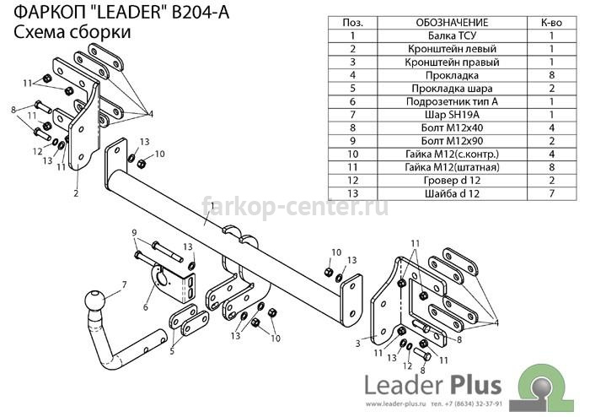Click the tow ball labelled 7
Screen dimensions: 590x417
(94, 301)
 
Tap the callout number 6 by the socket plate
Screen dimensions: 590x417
(146, 307)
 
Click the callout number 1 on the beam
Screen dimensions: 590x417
(212, 207)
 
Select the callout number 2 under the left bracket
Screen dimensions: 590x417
(77, 193)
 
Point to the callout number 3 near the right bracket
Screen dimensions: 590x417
(357, 344)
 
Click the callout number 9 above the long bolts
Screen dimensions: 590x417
(134, 233)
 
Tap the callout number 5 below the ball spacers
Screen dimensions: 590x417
(172, 351)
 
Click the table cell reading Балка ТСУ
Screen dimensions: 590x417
(452, 35)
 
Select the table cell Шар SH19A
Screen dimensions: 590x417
(452, 115)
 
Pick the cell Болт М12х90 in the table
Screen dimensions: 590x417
(452, 141)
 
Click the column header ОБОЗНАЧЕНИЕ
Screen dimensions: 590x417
(452, 23)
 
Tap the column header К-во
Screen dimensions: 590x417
(551, 23)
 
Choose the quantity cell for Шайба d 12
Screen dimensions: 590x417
(551, 193)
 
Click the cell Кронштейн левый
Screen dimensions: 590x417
(452, 49)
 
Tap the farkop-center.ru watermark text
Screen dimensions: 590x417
(295, 207)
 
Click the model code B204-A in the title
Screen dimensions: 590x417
(201, 13)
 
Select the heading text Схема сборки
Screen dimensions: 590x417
(72, 32)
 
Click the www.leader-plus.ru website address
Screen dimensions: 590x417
(395, 404)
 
